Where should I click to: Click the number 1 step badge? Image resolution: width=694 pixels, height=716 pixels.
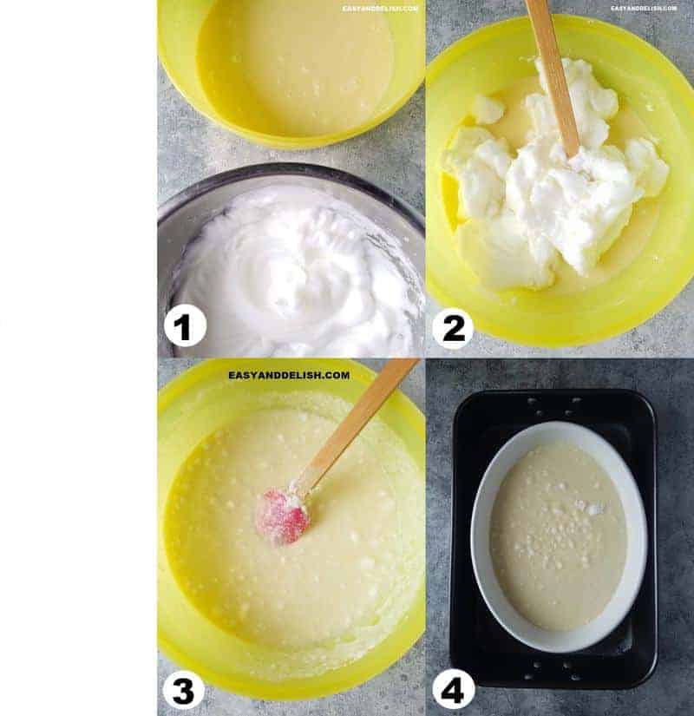tap(185, 327)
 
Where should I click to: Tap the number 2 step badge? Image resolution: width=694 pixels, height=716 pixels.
tap(453, 327)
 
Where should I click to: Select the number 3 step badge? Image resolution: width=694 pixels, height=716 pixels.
tap(183, 690)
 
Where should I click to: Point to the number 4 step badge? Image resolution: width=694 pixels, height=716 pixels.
tap(454, 690)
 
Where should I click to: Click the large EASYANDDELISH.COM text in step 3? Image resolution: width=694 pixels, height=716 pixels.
tap(289, 376)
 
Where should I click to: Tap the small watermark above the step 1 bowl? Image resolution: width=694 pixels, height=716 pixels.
tap(380, 9)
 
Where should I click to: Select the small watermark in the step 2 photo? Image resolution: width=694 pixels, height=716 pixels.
tap(644, 9)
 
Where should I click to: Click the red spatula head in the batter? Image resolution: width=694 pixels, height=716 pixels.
tap(282, 518)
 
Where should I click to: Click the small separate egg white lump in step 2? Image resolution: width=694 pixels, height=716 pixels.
tap(487, 109)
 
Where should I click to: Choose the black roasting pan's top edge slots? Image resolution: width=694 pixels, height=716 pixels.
tap(555, 404)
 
